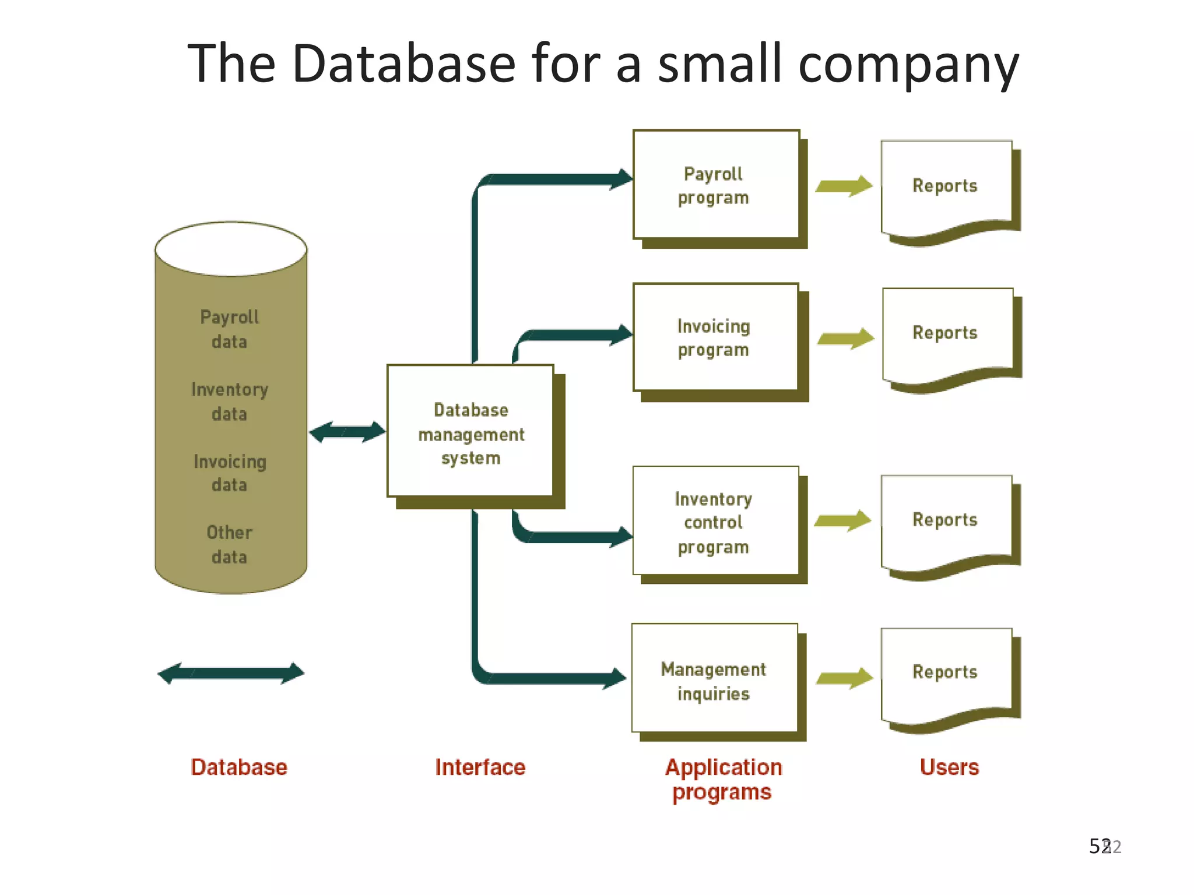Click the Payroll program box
(716, 185)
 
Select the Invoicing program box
(715, 337)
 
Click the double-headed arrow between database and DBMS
(347, 432)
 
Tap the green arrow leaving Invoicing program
(845, 339)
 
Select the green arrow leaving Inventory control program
(842, 520)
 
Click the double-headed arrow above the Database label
(231, 674)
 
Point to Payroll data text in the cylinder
(229, 329)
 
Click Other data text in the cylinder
(229, 544)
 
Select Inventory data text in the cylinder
(229, 401)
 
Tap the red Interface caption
(480, 767)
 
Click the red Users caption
(949, 767)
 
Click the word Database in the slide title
(404, 64)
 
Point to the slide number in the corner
(1104, 846)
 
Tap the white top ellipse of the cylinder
(231, 249)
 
